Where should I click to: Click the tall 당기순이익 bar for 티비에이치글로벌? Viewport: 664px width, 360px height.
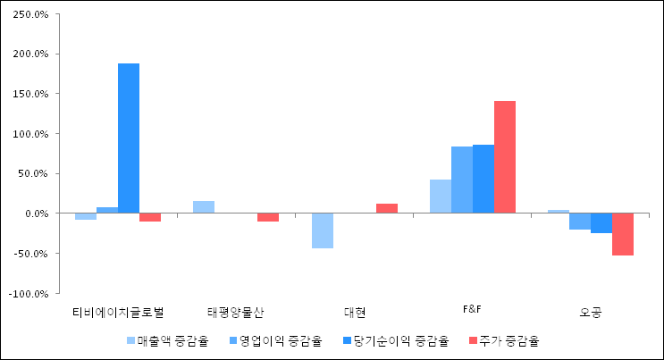[129, 138]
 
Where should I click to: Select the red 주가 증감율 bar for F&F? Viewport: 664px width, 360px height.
[505, 157]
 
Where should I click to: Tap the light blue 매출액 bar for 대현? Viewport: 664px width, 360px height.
[322, 230]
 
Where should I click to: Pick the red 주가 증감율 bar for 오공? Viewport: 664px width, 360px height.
[623, 234]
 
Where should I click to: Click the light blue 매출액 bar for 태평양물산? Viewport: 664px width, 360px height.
[204, 207]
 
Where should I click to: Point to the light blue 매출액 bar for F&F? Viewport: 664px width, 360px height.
[440, 197]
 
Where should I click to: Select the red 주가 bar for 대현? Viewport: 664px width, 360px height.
[387, 208]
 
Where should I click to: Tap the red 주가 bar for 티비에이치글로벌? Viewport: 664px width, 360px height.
[150, 217]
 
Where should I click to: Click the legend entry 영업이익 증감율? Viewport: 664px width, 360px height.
[275, 340]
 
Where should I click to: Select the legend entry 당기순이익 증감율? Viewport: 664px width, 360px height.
[393, 340]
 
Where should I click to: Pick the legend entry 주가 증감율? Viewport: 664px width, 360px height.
[505, 340]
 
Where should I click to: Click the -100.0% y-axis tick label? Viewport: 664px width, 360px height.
[29, 293]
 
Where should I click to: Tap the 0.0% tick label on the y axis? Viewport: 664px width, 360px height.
[36, 213]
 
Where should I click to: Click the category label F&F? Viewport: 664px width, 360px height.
[472, 309]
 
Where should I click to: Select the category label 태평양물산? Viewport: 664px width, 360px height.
[235, 312]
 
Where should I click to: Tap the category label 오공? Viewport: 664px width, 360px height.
[591, 312]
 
